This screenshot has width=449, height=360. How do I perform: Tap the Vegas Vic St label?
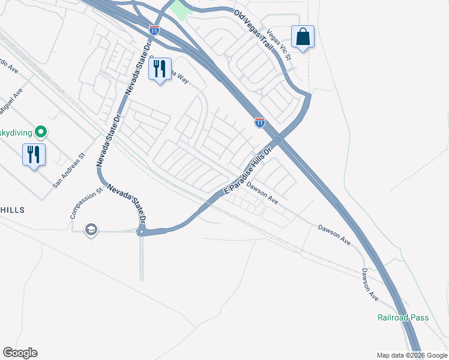coord(278,46)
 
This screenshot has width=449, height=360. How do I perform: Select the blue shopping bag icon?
coord(303,37)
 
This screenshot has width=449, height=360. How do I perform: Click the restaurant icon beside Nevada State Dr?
coord(159,69)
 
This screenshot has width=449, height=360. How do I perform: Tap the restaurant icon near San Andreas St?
coord(34,155)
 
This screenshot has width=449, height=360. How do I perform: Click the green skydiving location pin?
coord(41,131)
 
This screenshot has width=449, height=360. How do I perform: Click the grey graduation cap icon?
coord(91,230)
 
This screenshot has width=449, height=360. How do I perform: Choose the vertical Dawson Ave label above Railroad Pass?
coord(369,284)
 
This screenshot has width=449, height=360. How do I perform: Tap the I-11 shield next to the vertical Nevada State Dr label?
coord(155,28)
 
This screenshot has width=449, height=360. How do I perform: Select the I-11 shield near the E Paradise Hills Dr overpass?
coord(259,122)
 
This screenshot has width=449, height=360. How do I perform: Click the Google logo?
coord(20,353)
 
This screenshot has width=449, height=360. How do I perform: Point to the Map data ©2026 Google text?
coord(411,355)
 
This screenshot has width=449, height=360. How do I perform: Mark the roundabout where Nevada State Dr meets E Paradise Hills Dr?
coord(141,231)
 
